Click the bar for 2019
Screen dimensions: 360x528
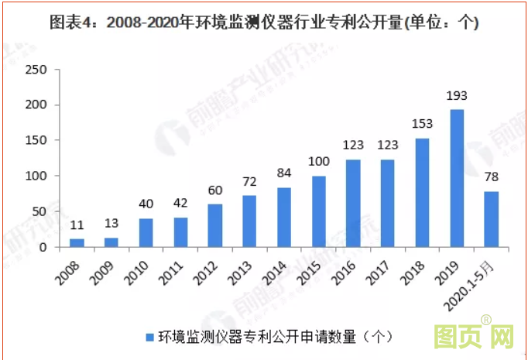[458, 178]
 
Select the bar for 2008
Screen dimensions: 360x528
[77, 243]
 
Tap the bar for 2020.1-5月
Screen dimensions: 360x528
[492, 219]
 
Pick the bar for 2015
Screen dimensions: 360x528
[319, 211]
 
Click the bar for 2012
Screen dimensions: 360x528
[215, 225]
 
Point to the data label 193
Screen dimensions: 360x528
[458, 97]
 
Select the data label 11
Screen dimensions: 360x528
[77, 227]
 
